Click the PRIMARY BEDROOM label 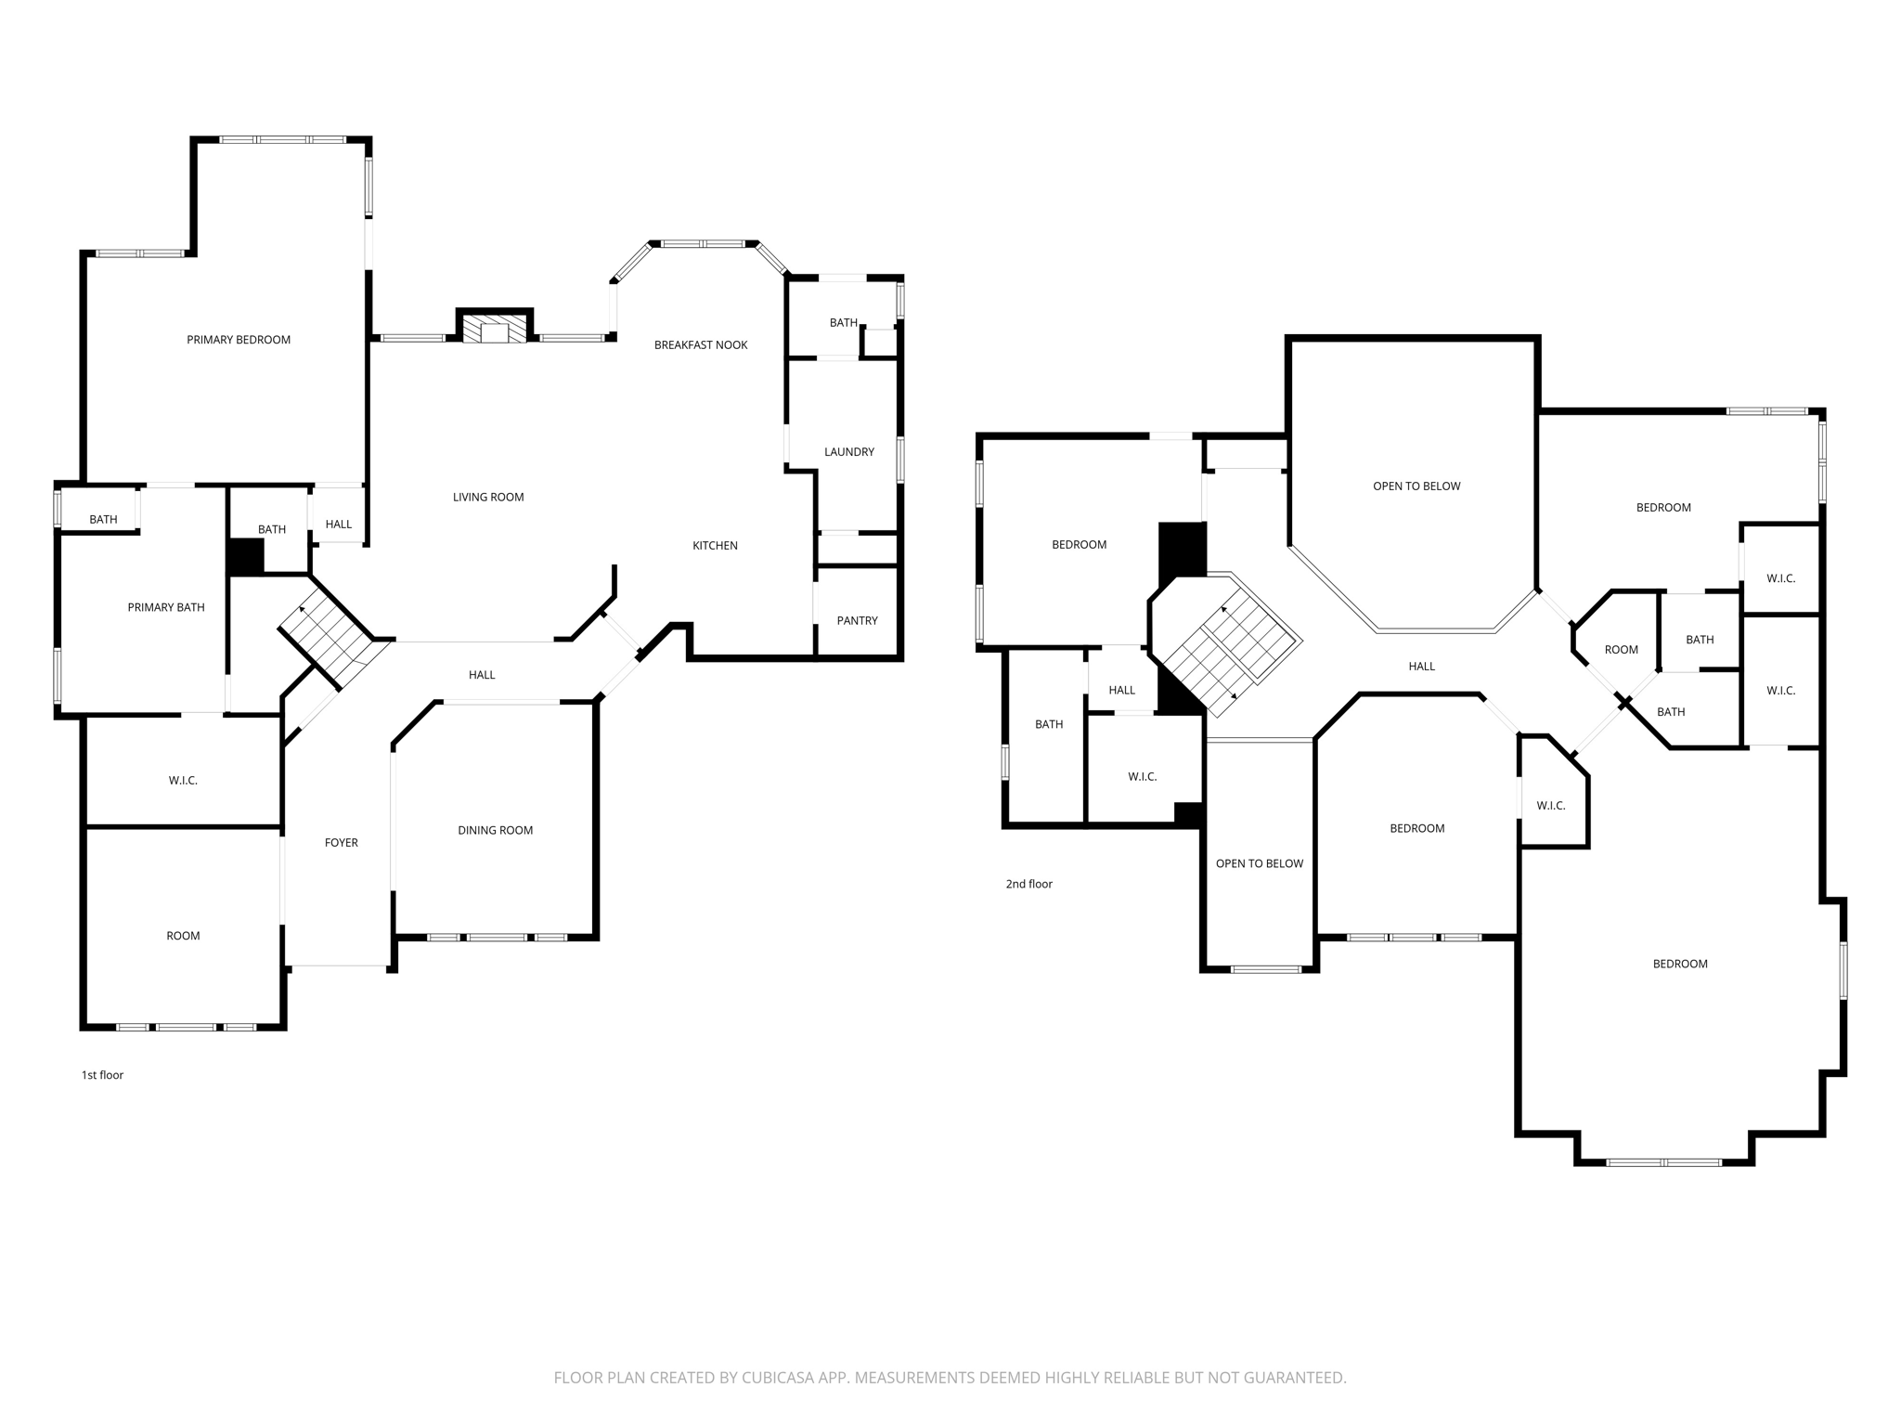[x=239, y=340]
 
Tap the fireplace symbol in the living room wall [x=495, y=330]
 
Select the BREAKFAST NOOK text [x=701, y=345]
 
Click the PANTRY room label [x=857, y=621]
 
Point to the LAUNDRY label [x=849, y=452]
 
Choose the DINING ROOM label [x=495, y=831]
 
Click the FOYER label [x=342, y=843]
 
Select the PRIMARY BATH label [x=166, y=608]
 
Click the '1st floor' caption [x=102, y=1075]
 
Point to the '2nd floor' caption [x=1028, y=884]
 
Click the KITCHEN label [x=715, y=546]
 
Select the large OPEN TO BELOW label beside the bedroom [x=1416, y=486]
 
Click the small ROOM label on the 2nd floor [x=1621, y=650]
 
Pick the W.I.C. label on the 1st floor [x=183, y=781]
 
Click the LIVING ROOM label [x=488, y=498]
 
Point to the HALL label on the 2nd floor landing [x=1421, y=667]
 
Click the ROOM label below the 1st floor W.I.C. [x=183, y=936]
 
